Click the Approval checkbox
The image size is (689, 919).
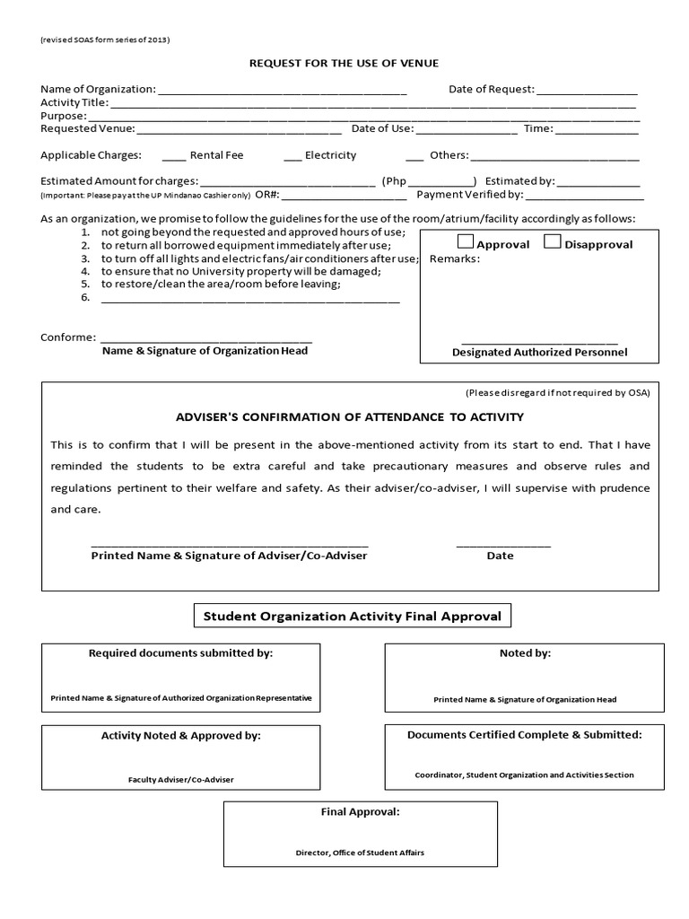click(467, 241)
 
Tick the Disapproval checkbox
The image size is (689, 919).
click(554, 241)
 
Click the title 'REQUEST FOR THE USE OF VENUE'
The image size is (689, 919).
click(344, 63)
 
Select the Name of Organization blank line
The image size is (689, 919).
click(282, 91)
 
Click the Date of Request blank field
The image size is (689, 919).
click(588, 91)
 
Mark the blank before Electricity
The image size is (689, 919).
click(292, 156)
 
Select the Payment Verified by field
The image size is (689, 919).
click(585, 196)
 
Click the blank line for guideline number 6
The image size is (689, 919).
click(250, 299)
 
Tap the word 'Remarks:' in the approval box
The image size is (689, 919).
click(455, 259)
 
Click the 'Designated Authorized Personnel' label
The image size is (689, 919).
click(540, 353)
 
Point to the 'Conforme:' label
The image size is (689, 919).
click(68, 337)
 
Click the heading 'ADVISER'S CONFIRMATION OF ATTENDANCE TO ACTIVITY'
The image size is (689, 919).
click(350, 417)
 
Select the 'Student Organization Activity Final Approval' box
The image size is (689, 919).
click(353, 617)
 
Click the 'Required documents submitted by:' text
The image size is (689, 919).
click(180, 653)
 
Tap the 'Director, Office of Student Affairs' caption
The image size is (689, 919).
click(360, 853)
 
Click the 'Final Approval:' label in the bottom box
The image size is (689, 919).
click(360, 812)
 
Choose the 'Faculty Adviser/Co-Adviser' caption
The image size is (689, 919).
click(180, 780)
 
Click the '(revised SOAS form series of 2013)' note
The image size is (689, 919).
click(105, 40)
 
